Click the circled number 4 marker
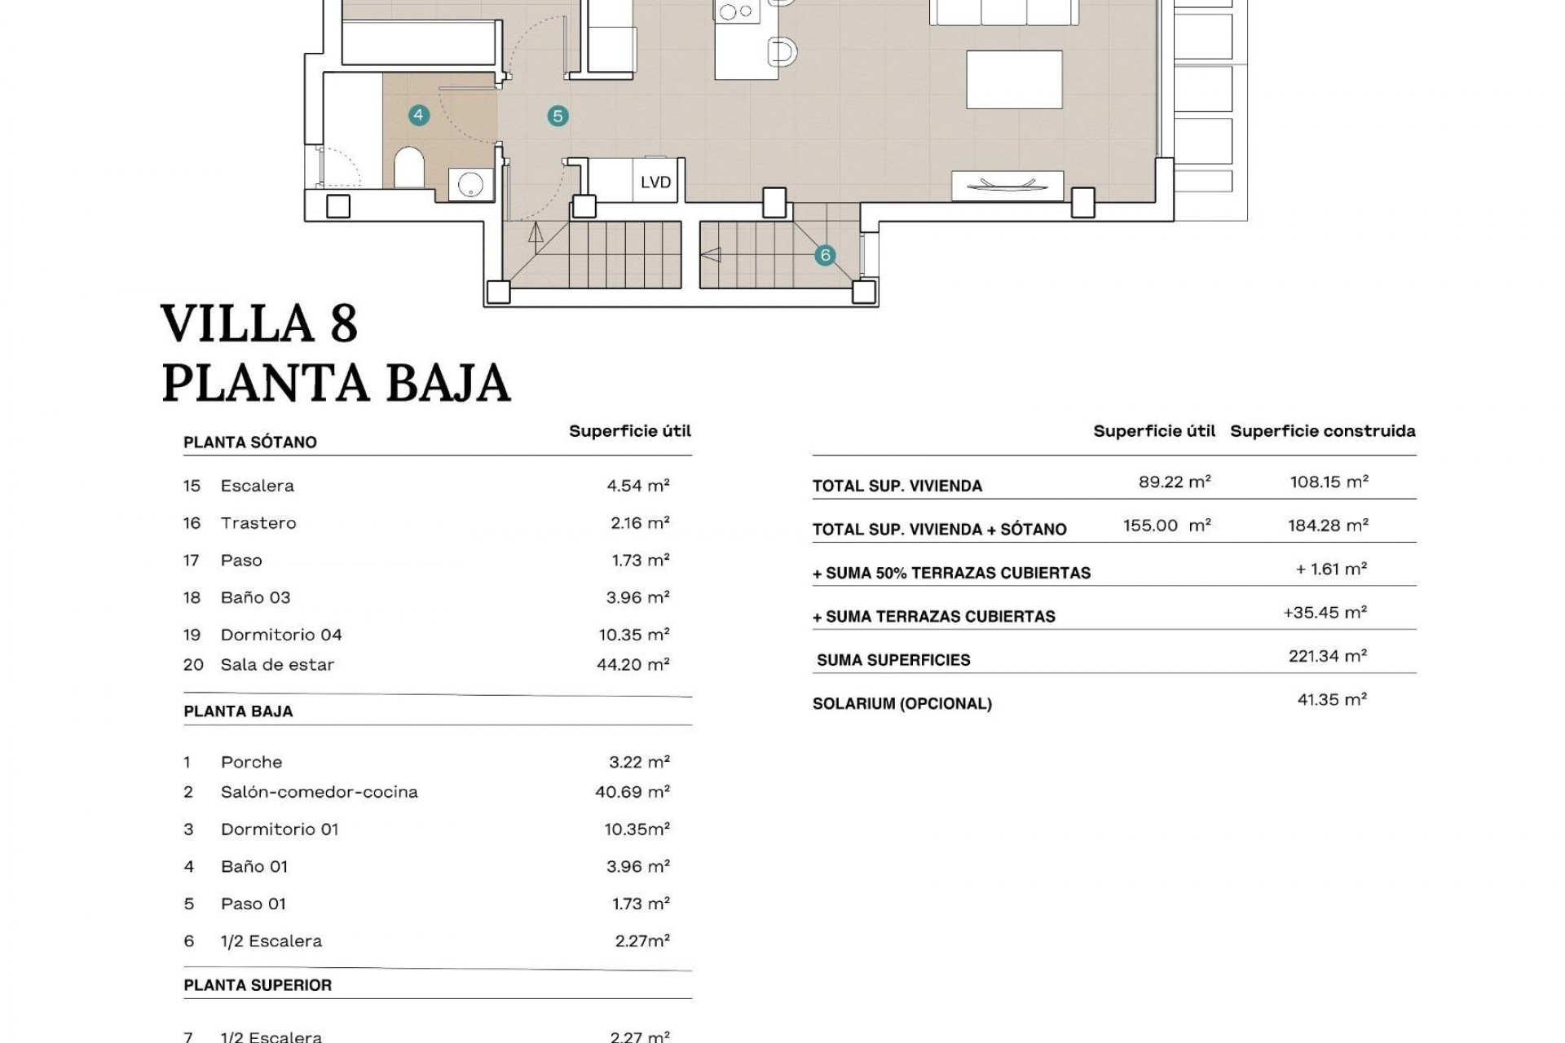tap(418, 115)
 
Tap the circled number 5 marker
tap(558, 116)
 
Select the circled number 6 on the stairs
tap(825, 255)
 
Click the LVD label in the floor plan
tap(655, 182)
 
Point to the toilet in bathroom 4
tap(409, 168)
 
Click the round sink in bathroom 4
tap(470, 184)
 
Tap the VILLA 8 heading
tap(259, 323)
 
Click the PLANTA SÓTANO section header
tap(249, 442)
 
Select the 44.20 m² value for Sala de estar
tap(633, 665)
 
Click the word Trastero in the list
tap(258, 523)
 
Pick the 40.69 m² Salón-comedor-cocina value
tap(632, 792)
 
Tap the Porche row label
tap(251, 763)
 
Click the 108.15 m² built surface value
tap(1329, 482)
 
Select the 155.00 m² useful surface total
tap(1166, 526)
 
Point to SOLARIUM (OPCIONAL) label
tap(902, 704)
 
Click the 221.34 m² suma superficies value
tap(1327, 656)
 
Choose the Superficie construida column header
tap(1322, 431)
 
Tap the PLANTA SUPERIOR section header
tap(258, 985)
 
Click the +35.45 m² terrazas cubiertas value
tap(1325, 613)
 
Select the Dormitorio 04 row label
tap(281, 635)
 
